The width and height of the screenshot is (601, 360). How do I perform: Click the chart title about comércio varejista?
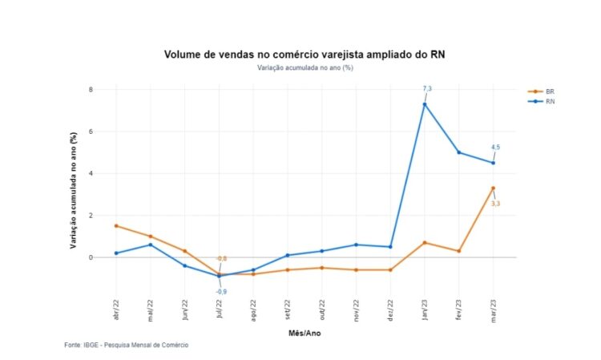(x=304, y=55)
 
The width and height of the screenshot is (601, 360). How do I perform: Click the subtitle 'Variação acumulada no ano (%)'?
(x=305, y=67)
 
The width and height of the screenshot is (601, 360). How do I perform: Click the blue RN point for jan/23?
(x=425, y=104)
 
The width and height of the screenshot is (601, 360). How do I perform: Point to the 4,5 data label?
(x=496, y=147)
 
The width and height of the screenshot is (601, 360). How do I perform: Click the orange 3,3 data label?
(x=496, y=204)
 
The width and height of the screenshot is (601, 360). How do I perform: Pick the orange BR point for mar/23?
(x=493, y=188)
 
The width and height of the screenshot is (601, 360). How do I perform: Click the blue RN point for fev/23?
(x=458, y=152)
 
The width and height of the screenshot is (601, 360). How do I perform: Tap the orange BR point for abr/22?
(x=116, y=226)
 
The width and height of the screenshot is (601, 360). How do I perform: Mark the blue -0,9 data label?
(x=220, y=291)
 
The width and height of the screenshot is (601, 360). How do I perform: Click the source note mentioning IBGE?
(x=127, y=345)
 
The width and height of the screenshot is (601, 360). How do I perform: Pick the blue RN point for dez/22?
(x=390, y=247)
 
